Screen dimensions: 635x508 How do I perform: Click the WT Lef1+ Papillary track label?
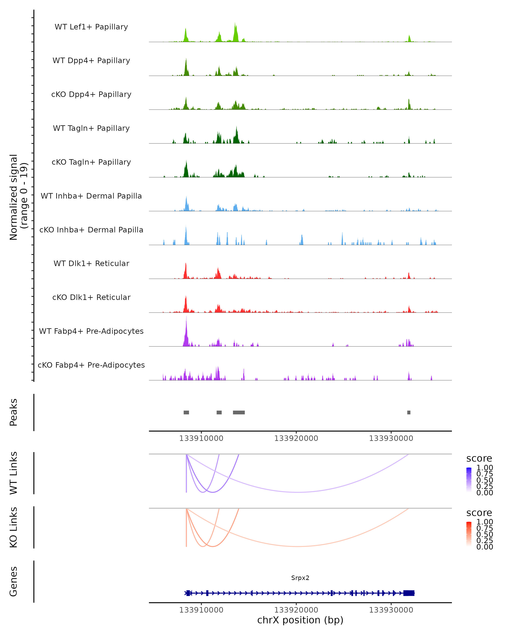(91, 27)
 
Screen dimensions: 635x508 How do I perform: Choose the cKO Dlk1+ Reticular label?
(91, 297)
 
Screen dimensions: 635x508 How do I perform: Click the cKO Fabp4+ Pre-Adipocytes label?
(91, 365)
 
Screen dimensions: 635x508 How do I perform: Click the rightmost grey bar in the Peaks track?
(409, 412)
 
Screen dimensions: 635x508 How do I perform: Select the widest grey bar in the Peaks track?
(239, 412)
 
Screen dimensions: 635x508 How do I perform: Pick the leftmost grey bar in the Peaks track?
(186, 412)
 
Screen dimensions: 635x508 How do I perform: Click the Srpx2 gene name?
(300, 578)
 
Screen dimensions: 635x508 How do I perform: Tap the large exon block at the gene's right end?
(409, 593)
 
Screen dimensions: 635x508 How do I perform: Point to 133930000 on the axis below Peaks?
(391, 438)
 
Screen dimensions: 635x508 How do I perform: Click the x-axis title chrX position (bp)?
(300, 620)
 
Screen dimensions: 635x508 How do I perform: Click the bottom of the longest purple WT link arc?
(298, 492)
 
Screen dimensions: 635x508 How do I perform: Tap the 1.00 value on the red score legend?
(485, 522)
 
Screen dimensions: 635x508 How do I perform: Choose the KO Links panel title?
(14, 527)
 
